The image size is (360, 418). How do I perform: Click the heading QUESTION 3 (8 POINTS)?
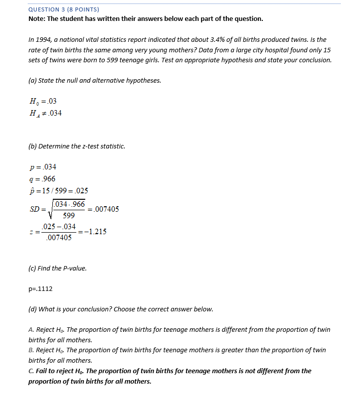[63, 9]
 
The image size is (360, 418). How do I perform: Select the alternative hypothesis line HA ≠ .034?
[46, 113]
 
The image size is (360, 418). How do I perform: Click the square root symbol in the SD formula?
[50, 210]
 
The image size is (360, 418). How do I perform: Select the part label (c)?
[32, 268]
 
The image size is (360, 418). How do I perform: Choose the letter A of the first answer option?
[31, 330]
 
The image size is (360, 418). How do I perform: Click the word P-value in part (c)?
[74, 268]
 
